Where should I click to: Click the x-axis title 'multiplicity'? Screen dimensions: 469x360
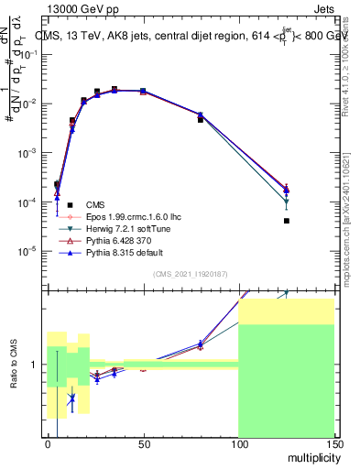306,455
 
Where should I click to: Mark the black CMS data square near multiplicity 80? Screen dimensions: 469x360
201,120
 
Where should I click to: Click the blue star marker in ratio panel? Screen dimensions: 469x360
71,398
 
